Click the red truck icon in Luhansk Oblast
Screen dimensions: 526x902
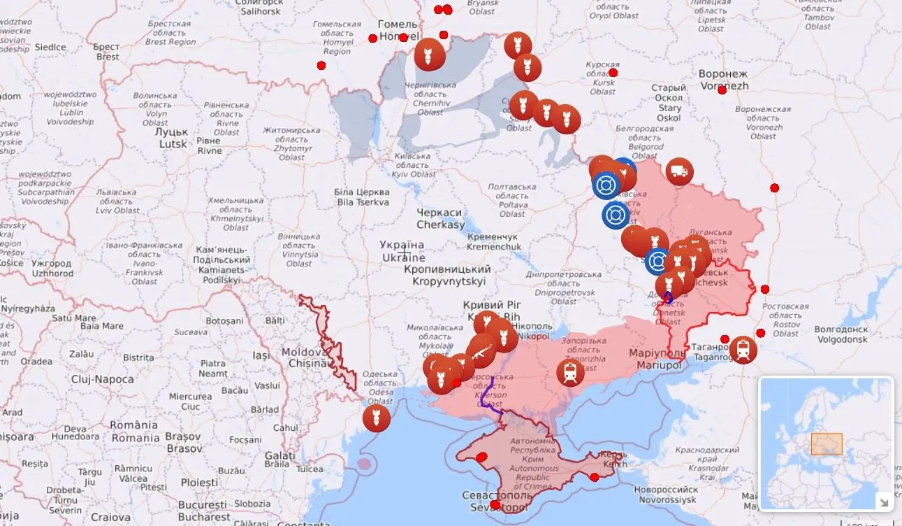point(679,171)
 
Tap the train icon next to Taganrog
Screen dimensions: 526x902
point(743,349)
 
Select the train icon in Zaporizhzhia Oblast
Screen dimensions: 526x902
point(570,372)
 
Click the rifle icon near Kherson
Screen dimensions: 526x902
point(481,353)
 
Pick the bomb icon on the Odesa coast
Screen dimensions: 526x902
point(377,418)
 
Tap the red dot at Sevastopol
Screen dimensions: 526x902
point(495,504)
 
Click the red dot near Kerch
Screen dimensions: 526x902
point(594,478)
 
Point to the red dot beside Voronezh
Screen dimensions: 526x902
point(722,90)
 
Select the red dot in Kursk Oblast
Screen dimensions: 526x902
point(613,73)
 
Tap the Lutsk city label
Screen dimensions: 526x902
point(171,138)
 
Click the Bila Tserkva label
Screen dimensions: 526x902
point(363,197)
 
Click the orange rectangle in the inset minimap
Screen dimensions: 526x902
point(827,444)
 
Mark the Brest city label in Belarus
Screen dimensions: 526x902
point(107,52)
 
